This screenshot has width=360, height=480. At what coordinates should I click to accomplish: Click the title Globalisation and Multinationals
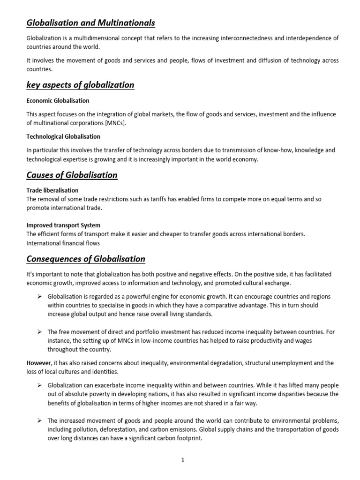(90, 22)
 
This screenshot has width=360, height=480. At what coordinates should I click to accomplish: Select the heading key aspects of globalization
(80, 85)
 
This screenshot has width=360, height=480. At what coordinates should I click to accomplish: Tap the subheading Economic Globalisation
(58, 101)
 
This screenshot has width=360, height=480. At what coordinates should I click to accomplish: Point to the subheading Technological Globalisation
(63, 136)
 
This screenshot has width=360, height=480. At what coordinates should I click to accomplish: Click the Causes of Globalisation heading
(72, 175)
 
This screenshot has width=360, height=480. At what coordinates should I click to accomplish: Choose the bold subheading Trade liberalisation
(52, 190)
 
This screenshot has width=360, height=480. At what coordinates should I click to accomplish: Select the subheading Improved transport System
(63, 225)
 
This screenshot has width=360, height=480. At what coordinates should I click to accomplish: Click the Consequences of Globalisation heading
(86, 259)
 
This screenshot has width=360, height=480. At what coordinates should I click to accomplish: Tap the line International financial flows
(63, 243)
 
